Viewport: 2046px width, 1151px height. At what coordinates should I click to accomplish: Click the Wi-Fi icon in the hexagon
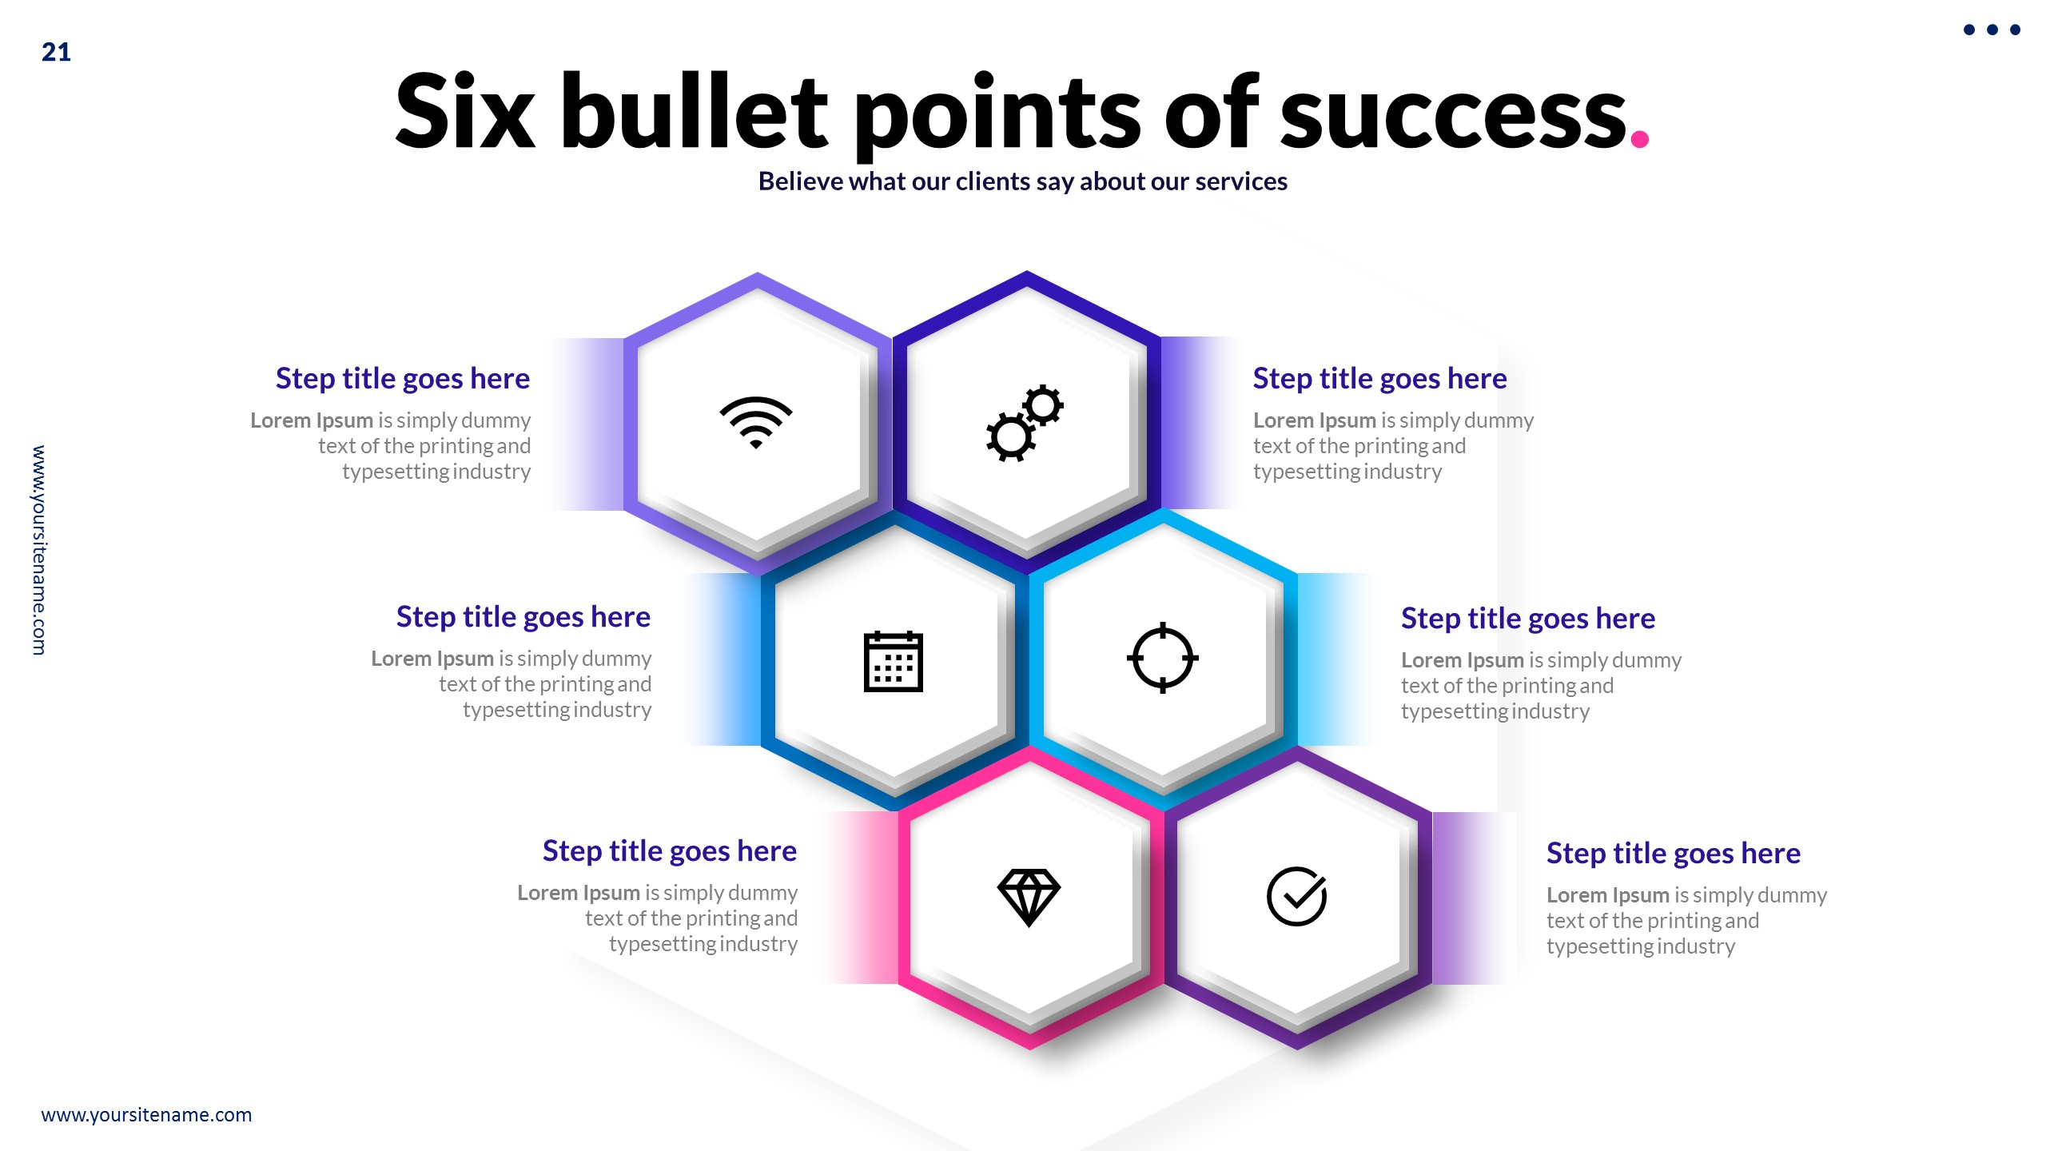click(x=755, y=421)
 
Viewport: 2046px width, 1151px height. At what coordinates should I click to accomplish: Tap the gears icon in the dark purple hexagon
click(x=1025, y=423)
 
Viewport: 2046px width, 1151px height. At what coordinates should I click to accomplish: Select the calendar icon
click(x=893, y=661)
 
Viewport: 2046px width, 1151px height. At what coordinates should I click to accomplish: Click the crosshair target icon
click(x=1162, y=658)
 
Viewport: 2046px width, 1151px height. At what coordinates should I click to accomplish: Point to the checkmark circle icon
click(x=1296, y=896)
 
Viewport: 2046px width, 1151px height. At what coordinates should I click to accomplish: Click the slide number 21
click(x=56, y=53)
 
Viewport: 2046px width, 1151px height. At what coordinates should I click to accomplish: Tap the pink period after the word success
click(x=1639, y=139)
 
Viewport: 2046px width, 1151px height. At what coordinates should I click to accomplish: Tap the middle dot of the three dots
click(x=1992, y=30)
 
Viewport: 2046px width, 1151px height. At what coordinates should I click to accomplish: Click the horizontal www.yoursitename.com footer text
click(x=146, y=1115)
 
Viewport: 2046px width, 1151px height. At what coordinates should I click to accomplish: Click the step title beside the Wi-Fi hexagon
click(x=402, y=378)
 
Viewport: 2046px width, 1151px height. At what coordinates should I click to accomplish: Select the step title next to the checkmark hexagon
click(x=1673, y=854)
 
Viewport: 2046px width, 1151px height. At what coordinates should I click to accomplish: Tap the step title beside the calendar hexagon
click(x=523, y=617)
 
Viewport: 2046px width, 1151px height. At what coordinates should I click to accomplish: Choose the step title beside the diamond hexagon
click(x=669, y=851)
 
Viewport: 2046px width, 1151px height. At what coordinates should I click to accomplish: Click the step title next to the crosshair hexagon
click(x=1527, y=619)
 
